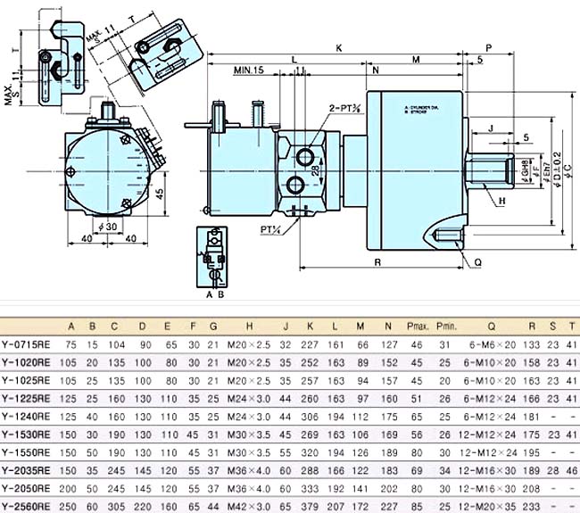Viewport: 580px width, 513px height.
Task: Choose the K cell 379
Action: pos(310,503)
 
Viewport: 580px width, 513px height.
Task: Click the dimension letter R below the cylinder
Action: pos(379,263)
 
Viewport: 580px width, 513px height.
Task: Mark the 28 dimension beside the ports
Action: pos(315,170)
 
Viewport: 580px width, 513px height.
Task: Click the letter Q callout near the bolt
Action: pos(478,262)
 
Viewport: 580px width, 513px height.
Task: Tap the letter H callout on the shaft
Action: pos(502,202)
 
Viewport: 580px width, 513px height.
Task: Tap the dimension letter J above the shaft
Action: pos(492,128)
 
